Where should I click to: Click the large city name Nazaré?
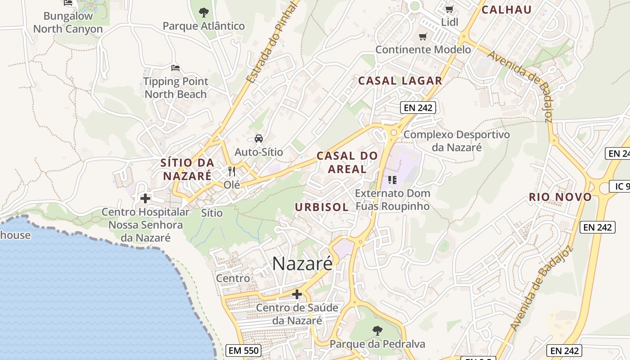[x=302, y=263]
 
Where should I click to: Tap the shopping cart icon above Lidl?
[x=449, y=9]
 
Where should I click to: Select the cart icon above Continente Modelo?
[x=423, y=36]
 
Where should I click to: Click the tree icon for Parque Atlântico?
[x=203, y=12]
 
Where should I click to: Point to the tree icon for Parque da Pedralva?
[x=377, y=331]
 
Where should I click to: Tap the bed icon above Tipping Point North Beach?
[x=175, y=68]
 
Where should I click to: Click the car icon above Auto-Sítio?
[x=259, y=139]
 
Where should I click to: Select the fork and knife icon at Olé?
[x=232, y=171]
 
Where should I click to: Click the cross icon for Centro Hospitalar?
[x=145, y=198]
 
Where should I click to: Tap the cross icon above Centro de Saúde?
[x=297, y=294]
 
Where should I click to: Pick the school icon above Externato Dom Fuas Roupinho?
[x=392, y=180]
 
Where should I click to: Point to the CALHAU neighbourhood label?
[x=507, y=9]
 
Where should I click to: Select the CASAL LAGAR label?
[x=400, y=81]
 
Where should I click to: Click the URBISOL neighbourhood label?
[x=321, y=207]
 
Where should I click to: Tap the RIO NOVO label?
[x=560, y=197]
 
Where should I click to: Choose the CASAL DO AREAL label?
[x=347, y=162]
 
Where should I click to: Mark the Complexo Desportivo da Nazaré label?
[x=457, y=141]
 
